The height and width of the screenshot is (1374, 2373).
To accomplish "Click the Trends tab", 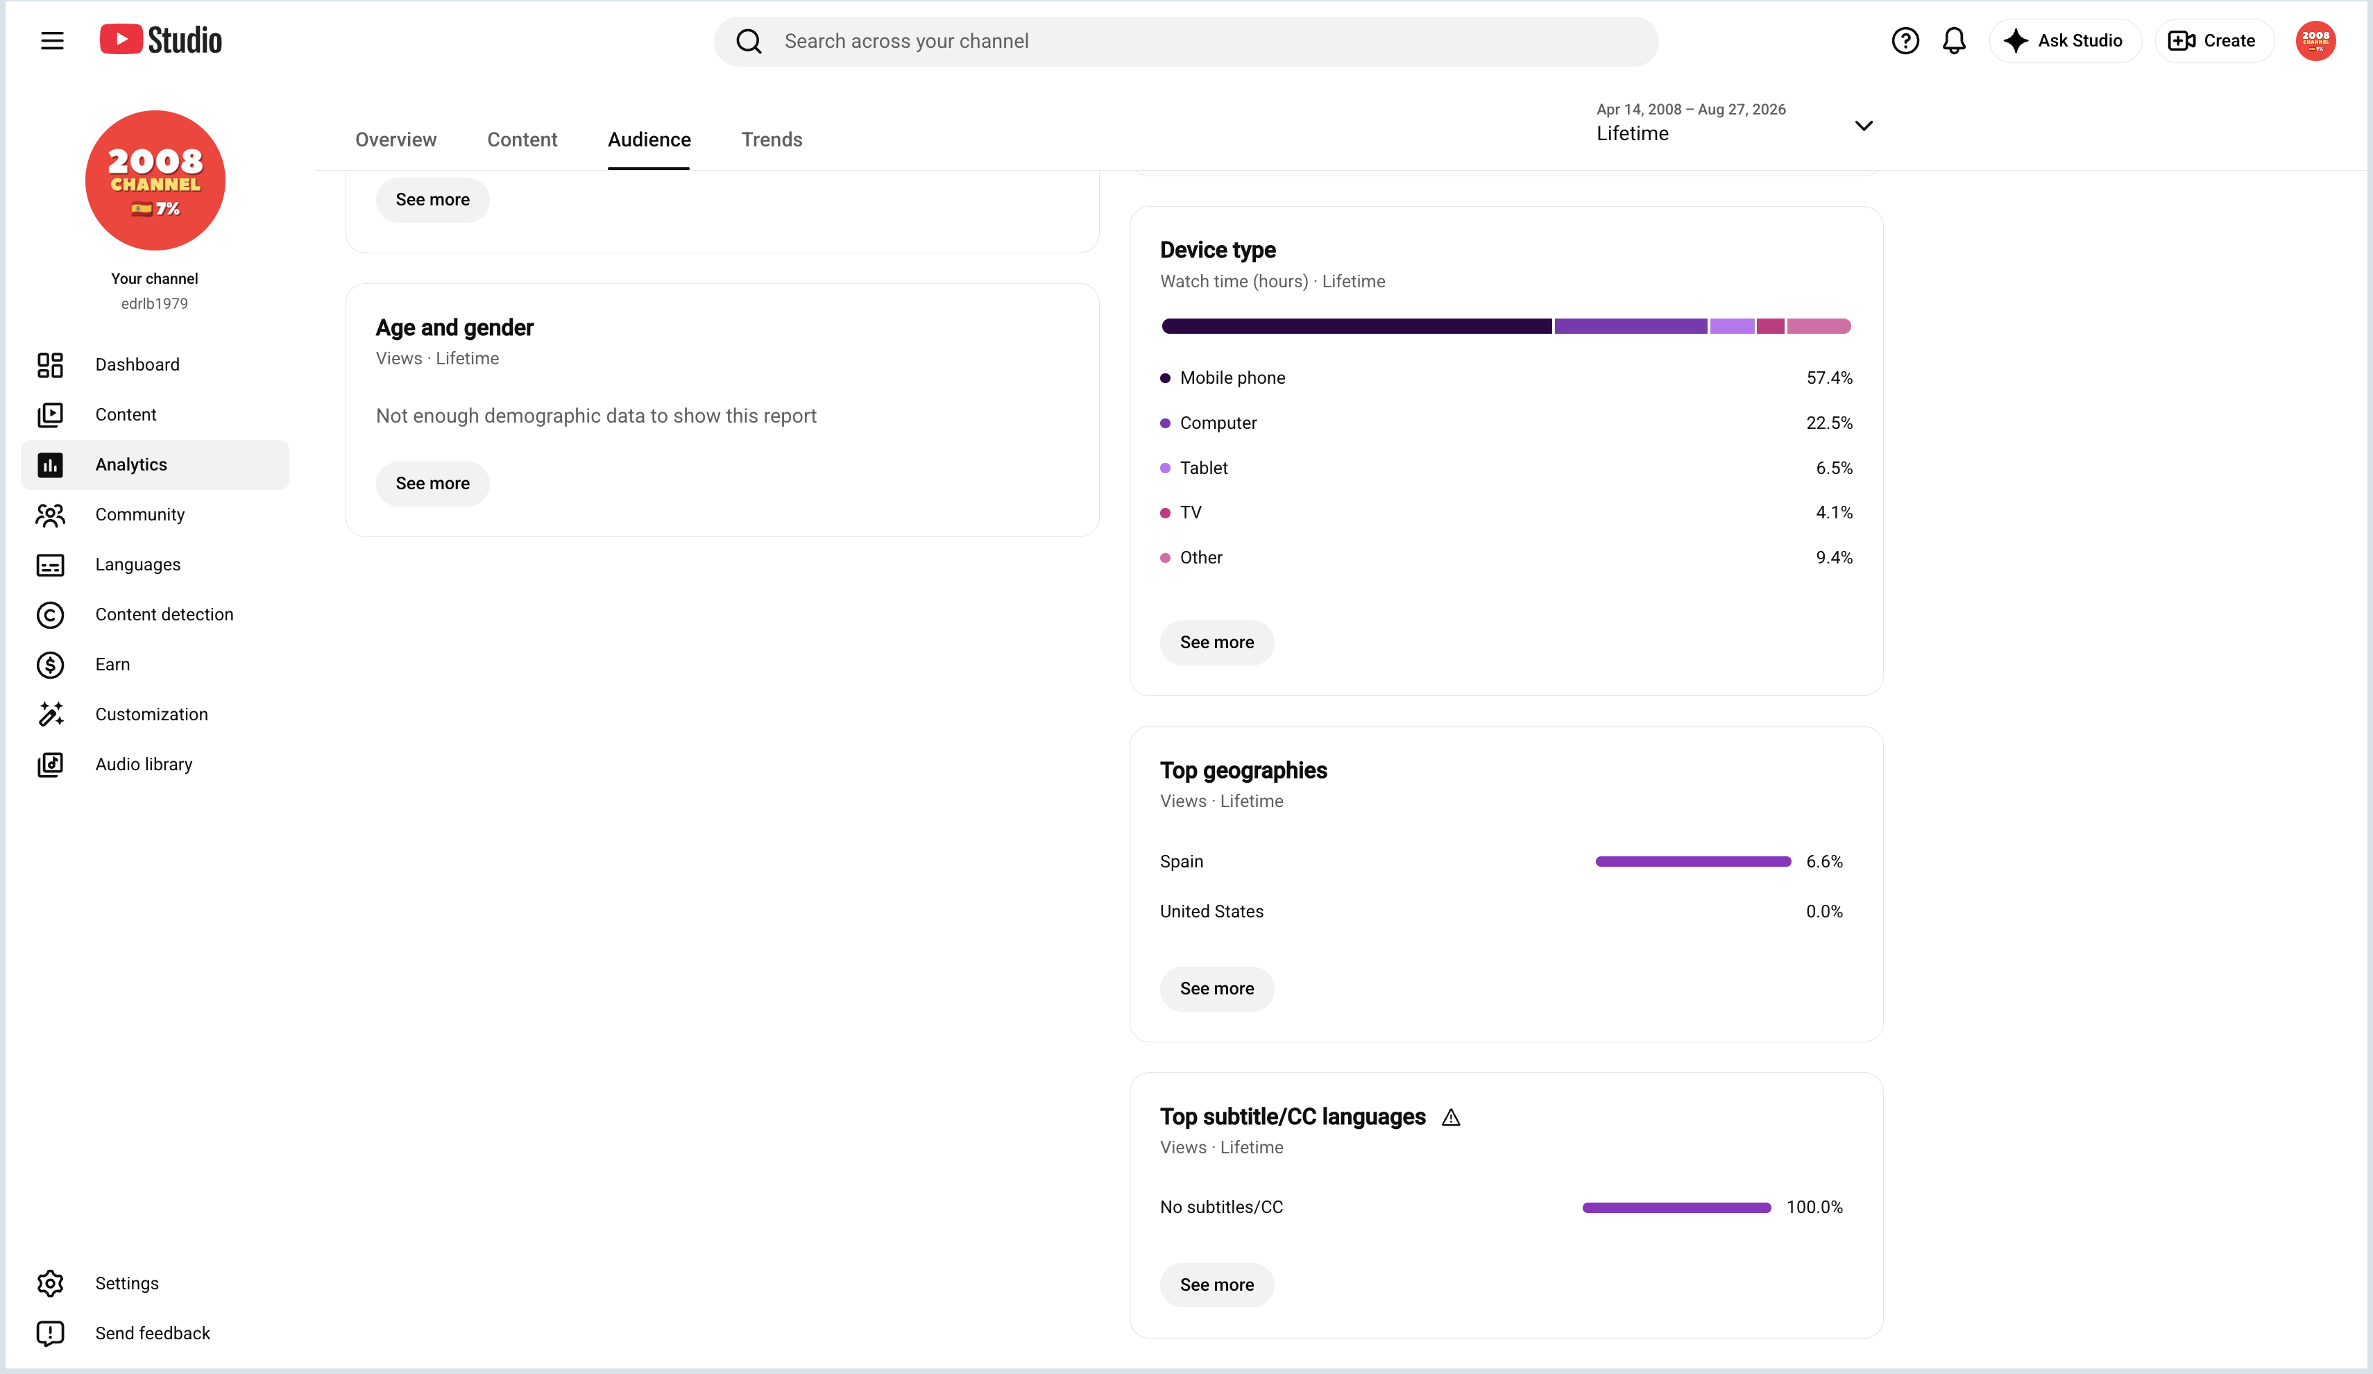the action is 772,139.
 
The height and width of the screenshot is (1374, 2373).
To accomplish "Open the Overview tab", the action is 395,139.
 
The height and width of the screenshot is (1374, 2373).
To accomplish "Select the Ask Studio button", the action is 2065,40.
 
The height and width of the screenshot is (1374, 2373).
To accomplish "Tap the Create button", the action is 2213,40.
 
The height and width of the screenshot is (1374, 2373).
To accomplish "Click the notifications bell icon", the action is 1954,40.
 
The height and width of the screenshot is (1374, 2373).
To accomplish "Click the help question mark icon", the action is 1905,40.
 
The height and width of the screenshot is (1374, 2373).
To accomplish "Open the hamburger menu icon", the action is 52,40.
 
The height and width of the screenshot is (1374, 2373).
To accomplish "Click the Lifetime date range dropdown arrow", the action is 1864,125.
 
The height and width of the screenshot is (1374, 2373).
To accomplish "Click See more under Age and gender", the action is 432,483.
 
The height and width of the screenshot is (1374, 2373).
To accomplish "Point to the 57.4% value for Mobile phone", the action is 1829,378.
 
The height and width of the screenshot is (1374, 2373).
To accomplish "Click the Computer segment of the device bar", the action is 1630,326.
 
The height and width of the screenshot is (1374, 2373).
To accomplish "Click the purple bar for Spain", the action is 1693,860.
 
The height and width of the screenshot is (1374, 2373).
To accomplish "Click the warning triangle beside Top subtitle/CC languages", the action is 1451,1117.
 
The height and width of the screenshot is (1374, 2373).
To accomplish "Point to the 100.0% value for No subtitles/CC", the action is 1814,1207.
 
